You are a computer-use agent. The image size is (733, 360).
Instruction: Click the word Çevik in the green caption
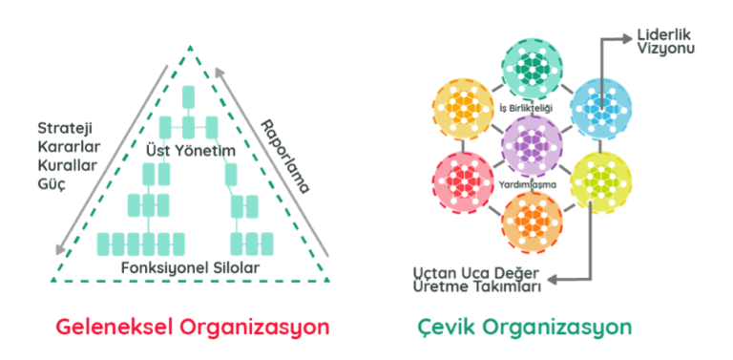click(x=445, y=328)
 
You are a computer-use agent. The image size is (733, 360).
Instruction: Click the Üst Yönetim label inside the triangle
click(x=191, y=151)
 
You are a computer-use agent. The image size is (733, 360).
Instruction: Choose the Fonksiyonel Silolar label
click(x=192, y=268)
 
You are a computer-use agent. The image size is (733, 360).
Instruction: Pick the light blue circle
click(x=600, y=105)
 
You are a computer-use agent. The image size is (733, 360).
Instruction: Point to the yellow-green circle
click(x=600, y=178)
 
